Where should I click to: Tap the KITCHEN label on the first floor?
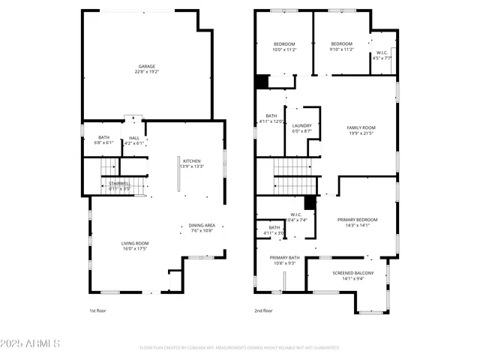(x=192, y=160)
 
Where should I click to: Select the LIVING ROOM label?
(x=136, y=243)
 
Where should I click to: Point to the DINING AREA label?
(x=201, y=225)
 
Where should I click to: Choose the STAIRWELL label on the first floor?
(x=119, y=183)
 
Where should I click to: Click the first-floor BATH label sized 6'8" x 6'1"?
(x=103, y=137)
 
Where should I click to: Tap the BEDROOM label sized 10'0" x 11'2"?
(x=283, y=43)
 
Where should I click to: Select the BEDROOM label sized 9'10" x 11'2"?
(x=341, y=43)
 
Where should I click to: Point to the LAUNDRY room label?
(x=302, y=125)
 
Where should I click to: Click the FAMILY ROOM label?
(x=361, y=127)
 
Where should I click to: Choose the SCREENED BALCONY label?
(x=349, y=273)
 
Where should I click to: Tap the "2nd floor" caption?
(x=263, y=310)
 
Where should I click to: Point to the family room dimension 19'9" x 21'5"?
(x=361, y=133)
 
